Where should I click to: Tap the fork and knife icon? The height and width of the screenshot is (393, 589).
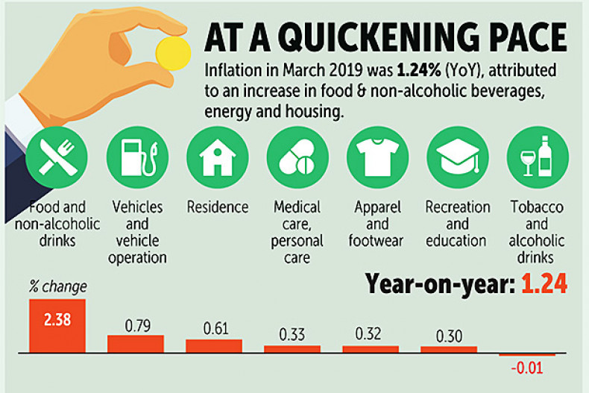pyautogui.click(x=57, y=157)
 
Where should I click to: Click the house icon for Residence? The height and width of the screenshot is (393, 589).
pyautogui.click(x=218, y=157)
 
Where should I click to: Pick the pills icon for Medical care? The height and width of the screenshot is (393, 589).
pyautogui.click(x=297, y=157)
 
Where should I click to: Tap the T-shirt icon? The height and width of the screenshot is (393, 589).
pyautogui.click(x=377, y=157)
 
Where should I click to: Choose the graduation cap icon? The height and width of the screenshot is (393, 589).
pyautogui.click(x=457, y=157)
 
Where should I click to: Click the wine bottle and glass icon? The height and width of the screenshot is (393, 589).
pyautogui.click(x=538, y=157)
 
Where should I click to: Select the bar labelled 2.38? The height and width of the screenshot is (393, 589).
pyautogui.click(x=57, y=325)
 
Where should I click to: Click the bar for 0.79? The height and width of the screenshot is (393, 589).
pyautogui.click(x=136, y=343)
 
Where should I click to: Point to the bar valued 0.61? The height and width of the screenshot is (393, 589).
pyautogui.click(x=214, y=345)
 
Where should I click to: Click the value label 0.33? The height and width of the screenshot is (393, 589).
pyautogui.click(x=292, y=334)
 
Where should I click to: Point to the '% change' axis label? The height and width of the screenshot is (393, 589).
pyautogui.click(x=57, y=286)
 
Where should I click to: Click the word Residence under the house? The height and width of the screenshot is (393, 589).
pyautogui.click(x=218, y=207)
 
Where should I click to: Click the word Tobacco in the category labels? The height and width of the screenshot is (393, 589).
pyautogui.click(x=536, y=207)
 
